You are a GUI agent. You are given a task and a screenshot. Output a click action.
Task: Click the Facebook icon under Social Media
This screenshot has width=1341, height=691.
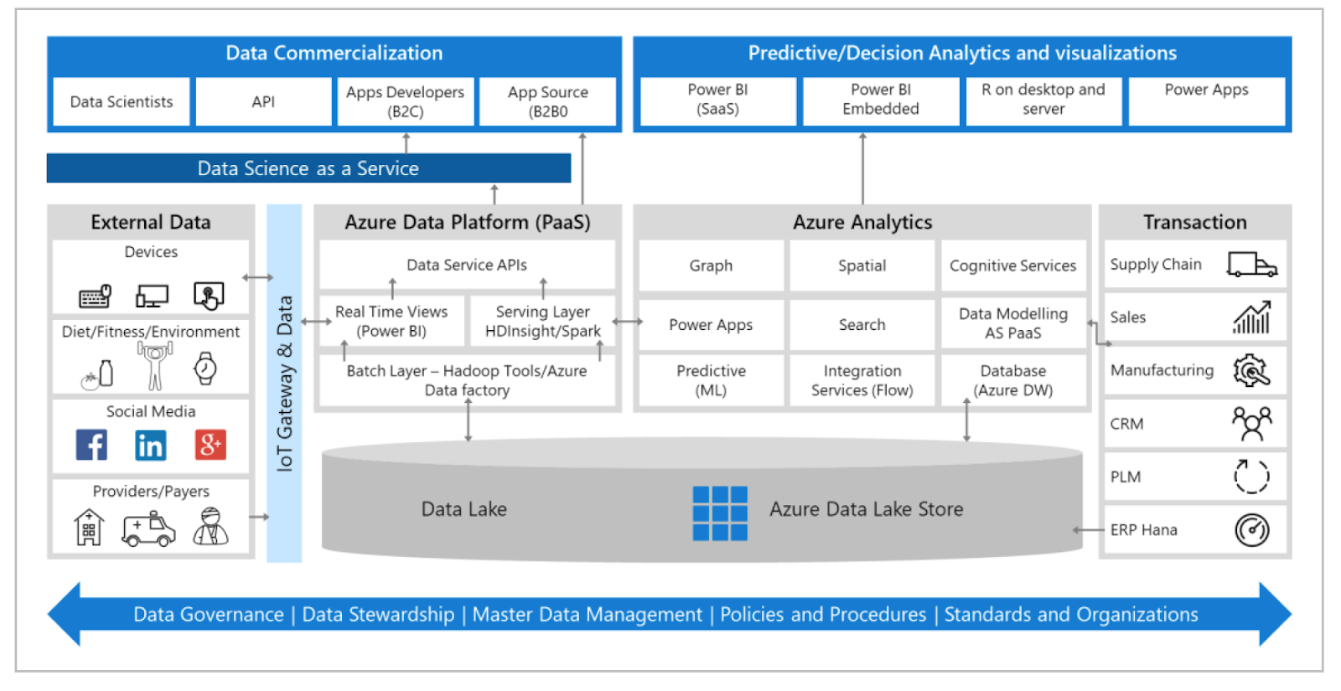(x=91, y=445)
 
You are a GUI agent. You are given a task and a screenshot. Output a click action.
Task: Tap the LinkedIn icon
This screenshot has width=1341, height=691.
(x=151, y=445)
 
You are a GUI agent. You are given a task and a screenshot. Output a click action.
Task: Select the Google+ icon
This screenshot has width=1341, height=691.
(x=210, y=445)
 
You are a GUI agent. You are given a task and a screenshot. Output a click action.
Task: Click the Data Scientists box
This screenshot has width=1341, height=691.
(x=122, y=101)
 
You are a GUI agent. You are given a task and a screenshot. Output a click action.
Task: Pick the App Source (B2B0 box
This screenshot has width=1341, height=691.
(x=548, y=101)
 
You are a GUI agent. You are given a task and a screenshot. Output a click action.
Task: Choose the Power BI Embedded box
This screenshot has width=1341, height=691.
(x=881, y=100)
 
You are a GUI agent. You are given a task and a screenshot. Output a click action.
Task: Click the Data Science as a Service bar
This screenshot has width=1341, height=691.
(x=308, y=168)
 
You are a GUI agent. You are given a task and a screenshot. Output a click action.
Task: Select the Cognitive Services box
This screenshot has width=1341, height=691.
(x=1012, y=266)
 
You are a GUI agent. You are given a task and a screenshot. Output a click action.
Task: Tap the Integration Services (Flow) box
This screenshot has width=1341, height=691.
(x=862, y=380)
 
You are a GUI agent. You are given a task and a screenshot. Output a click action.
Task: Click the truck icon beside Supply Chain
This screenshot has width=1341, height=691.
(x=1251, y=265)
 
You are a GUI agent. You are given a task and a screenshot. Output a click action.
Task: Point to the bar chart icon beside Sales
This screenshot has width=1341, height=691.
(x=1251, y=317)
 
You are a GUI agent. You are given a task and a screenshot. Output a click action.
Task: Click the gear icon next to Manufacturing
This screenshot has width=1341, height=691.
(x=1251, y=370)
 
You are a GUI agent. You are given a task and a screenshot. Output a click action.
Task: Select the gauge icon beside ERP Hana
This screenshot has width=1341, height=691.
(x=1251, y=529)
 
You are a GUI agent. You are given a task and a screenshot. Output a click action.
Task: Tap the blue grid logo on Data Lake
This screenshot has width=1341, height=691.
(x=720, y=513)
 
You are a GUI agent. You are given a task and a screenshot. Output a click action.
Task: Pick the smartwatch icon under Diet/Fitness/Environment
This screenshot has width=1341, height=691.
(x=205, y=368)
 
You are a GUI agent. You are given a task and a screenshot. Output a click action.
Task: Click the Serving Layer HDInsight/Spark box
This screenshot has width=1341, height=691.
(x=542, y=321)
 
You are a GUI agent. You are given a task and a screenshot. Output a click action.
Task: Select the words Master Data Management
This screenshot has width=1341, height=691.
(x=587, y=615)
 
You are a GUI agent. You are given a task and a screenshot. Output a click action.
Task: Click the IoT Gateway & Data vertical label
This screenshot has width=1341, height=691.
(x=284, y=383)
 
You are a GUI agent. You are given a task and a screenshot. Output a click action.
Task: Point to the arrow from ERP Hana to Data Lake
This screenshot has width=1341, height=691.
(x=1088, y=529)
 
